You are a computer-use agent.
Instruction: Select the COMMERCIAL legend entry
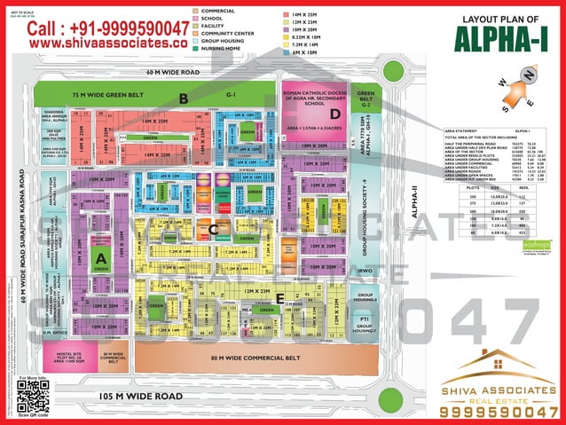point(218,10)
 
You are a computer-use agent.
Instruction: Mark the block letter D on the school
point(334,114)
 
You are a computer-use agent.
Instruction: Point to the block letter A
point(101,257)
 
